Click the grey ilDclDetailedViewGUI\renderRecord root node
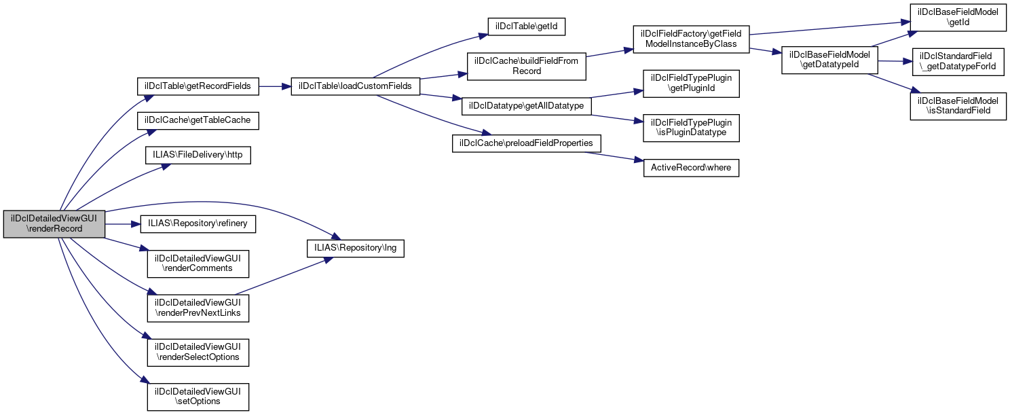click(x=54, y=224)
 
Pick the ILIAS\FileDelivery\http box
click(x=198, y=155)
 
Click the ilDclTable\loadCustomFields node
click(x=356, y=87)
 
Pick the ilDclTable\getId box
click(x=527, y=26)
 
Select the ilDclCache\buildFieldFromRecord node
click(x=527, y=66)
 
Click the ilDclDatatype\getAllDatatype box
click(x=527, y=107)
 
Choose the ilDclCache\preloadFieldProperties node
click(x=527, y=144)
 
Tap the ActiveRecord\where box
click(x=691, y=167)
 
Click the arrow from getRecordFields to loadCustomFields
click(x=274, y=87)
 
